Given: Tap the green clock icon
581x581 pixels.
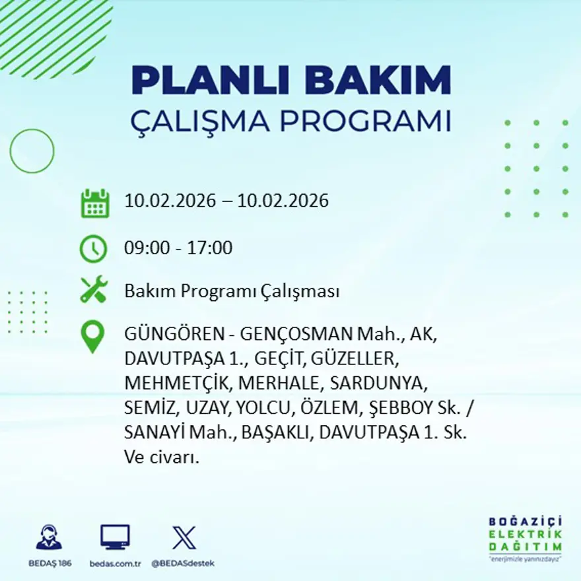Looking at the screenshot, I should click(93, 249).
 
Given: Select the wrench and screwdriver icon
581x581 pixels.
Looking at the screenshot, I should click(93, 290).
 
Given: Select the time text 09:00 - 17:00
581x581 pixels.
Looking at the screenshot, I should click(178, 248).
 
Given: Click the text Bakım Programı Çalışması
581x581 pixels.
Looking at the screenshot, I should click(232, 291).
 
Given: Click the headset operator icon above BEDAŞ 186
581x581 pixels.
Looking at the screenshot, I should click(49, 537).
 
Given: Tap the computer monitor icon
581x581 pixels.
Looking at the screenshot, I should click(115, 537).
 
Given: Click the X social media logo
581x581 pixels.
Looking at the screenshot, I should click(184, 537).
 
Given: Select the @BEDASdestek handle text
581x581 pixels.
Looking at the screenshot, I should click(183, 563).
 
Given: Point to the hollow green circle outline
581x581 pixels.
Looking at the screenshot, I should click(32, 151).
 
